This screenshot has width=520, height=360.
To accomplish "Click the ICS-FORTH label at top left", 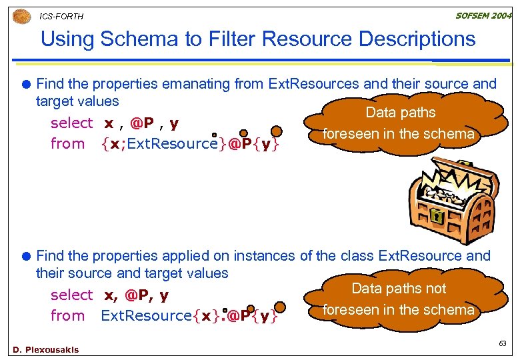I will pos(61,16).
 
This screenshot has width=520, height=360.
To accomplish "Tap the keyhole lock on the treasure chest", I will pos(436,217).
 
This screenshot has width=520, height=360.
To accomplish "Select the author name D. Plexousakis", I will pos(45,349).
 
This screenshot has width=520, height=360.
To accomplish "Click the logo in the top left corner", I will pos(22,16).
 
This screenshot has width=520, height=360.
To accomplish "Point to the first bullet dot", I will pos(27,84).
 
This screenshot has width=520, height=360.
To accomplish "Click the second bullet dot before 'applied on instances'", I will pos(27,256).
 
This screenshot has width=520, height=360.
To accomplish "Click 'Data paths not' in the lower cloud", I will pos(399,289).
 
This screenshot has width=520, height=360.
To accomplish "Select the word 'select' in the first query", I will pos(71,123).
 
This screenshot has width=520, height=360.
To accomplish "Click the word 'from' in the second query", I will pos(67,316).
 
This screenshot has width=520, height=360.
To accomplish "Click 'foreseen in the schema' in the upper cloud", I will pos(399,133).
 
